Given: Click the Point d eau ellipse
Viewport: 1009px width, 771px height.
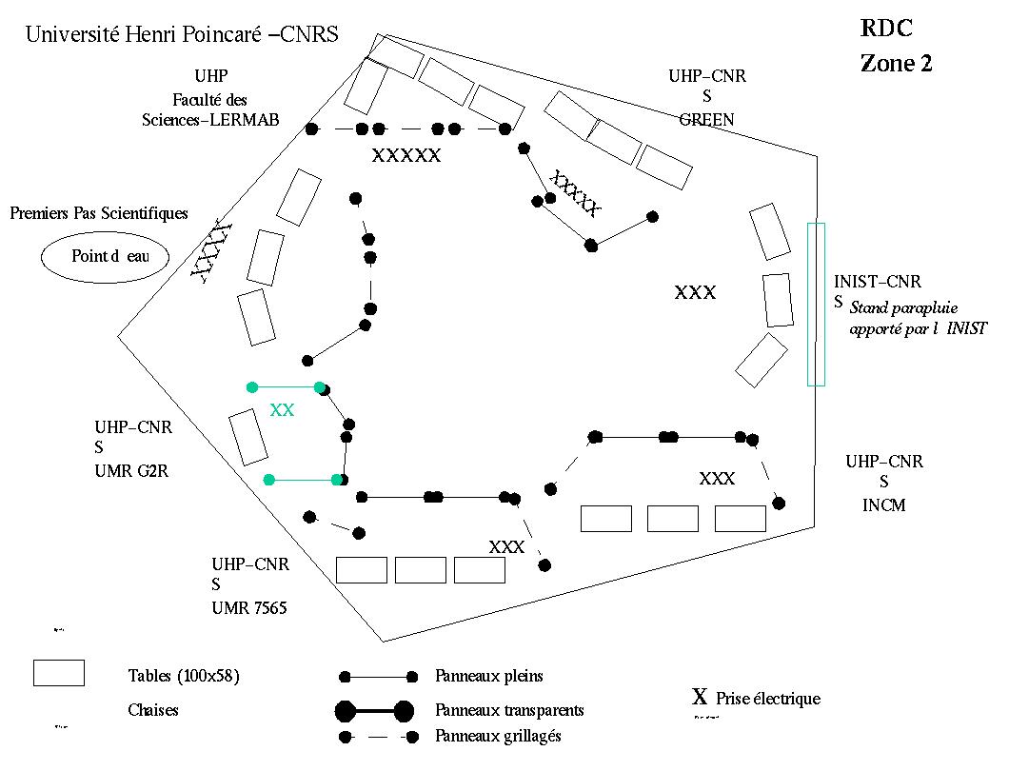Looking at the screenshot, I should pyautogui.click(x=105, y=256).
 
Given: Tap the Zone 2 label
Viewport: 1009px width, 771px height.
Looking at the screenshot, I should pyautogui.click(x=896, y=64).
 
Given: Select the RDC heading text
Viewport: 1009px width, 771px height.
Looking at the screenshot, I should pyautogui.click(x=888, y=29).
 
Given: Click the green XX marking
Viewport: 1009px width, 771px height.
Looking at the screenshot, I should pyautogui.click(x=282, y=410).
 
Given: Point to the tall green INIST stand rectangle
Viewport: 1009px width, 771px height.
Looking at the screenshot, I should pyautogui.click(x=816, y=304).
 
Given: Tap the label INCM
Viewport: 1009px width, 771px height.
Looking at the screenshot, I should pyautogui.click(x=884, y=504).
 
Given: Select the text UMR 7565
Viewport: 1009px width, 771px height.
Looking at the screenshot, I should pyautogui.click(x=249, y=607).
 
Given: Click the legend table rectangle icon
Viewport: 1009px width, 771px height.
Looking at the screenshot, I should pyautogui.click(x=59, y=672).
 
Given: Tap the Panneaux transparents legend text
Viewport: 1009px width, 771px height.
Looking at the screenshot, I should pyautogui.click(x=509, y=710).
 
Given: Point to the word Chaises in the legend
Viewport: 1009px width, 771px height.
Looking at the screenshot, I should pyautogui.click(x=153, y=710).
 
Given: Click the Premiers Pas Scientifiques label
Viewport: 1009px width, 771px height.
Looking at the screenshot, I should pyautogui.click(x=99, y=213).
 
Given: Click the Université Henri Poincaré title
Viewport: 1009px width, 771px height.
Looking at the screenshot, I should pyautogui.click(x=182, y=35).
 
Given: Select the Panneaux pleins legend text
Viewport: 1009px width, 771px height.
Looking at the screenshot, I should pyautogui.click(x=489, y=677).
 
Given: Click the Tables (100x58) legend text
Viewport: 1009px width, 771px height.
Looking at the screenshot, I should pyautogui.click(x=184, y=677).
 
